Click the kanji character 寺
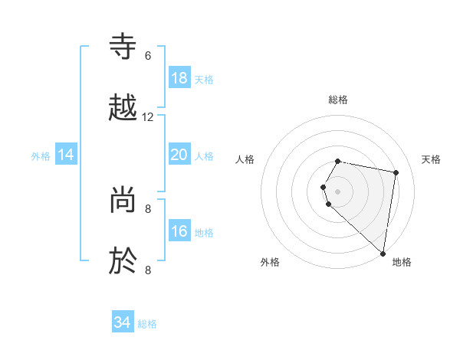click(125, 47)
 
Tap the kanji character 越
click(125, 107)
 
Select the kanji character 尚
click(125, 200)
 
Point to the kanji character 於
click(125, 260)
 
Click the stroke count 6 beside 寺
click(148, 55)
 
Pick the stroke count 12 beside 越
click(148, 117)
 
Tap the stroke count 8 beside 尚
click(148, 208)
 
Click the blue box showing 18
click(179, 78)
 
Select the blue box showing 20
click(179, 155)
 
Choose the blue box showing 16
click(179, 231)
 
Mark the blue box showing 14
click(66, 155)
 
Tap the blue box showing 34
click(122, 322)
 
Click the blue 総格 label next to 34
click(147, 324)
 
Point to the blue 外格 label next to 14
click(41, 156)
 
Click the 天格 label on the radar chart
click(432, 159)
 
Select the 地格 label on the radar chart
click(402, 262)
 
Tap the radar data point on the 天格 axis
click(396, 173)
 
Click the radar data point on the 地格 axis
click(383, 254)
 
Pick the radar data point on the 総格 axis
click(338, 162)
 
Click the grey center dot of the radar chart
click(338, 191)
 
